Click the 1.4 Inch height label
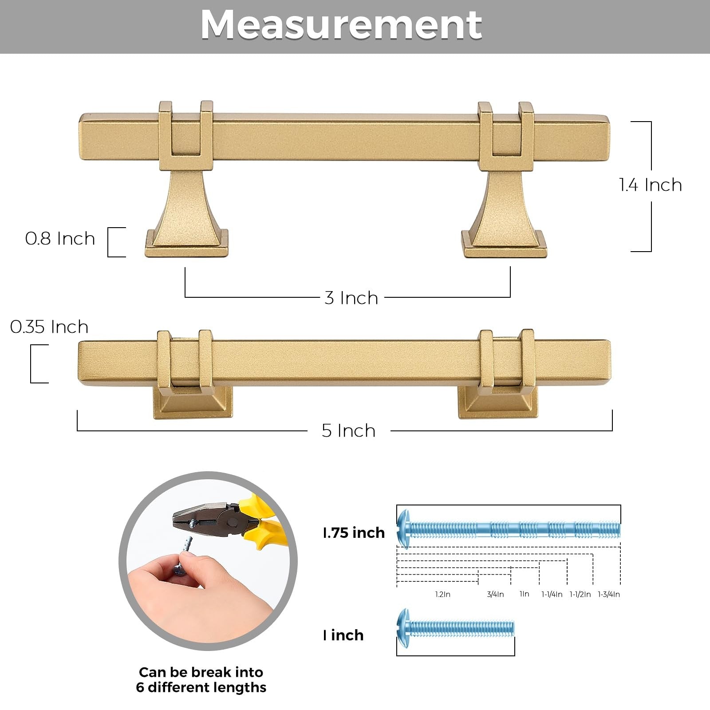pos(651,185)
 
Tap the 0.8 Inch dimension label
pos(60,239)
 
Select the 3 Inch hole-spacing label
pos(351,298)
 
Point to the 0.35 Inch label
pos(49,327)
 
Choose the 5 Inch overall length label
pos(349,431)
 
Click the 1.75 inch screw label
pos(354,532)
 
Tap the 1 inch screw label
pos(343,635)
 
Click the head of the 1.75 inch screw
pos(403,529)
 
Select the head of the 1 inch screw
pos(403,627)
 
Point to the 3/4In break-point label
pos(495,594)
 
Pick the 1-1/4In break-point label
pos(552,594)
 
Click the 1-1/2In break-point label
pos(580,594)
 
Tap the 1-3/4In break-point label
pos(609,594)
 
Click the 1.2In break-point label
pos(442,594)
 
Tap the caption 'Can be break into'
pos(201,672)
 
